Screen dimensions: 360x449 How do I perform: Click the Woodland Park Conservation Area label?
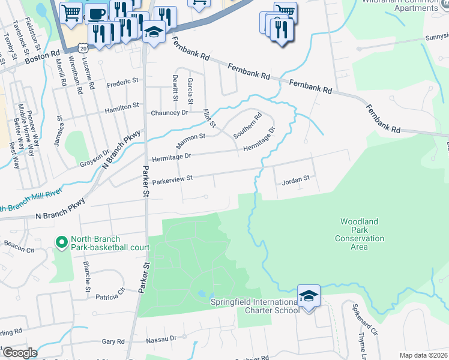point(359,234)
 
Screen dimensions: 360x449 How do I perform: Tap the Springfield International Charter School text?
point(255,306)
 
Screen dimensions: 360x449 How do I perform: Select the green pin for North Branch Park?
point(61,242)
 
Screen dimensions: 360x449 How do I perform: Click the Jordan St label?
point(295,178)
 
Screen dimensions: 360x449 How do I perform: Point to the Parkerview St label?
point(172,179)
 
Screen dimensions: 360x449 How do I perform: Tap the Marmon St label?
point(190,141)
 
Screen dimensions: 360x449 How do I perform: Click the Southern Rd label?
point(247,125)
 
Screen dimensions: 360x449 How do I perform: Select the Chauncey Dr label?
point(170,112)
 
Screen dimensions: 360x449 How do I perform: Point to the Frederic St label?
point(122,84)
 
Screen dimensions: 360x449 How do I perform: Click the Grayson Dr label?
point(95,159)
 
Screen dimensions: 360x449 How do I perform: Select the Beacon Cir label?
point(19,247)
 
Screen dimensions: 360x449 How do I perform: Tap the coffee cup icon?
point(98,14)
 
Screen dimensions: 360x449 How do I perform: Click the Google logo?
point(19,353)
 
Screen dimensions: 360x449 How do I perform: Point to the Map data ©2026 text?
point(423,355)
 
